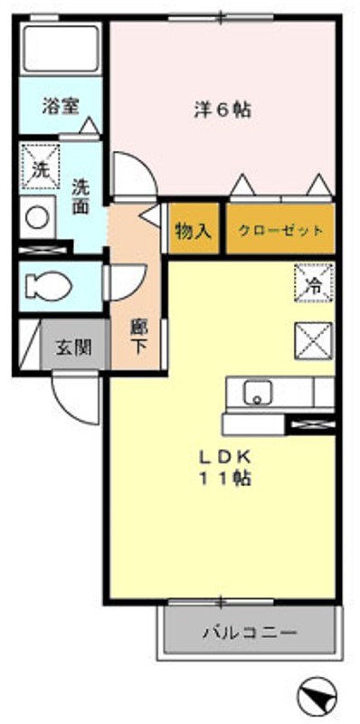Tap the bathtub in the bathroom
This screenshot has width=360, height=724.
click(x=61, y=49)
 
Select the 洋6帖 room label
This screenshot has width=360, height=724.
click(x=223, y=110)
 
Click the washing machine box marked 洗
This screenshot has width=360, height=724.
click(x=41, y=166)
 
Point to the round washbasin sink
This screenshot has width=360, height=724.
click(x=37, y=217)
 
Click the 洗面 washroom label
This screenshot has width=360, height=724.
click(x=81, y=195)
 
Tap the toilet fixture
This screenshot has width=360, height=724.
click(x=48, y=286)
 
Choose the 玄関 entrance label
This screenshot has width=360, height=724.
click(x=74, y=347)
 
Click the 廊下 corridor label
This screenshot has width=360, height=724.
click(x=137, y=336)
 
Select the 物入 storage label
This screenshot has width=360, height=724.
click(x=194, y=230)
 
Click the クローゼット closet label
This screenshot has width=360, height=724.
click(x=280, y=231)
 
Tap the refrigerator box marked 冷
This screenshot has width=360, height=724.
click(x=314, y=282)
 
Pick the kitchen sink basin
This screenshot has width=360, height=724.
click(x=258, y=393)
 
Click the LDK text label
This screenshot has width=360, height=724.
click(x=224, y=457)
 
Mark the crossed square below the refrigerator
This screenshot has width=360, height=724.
click(x=314, y=342)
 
